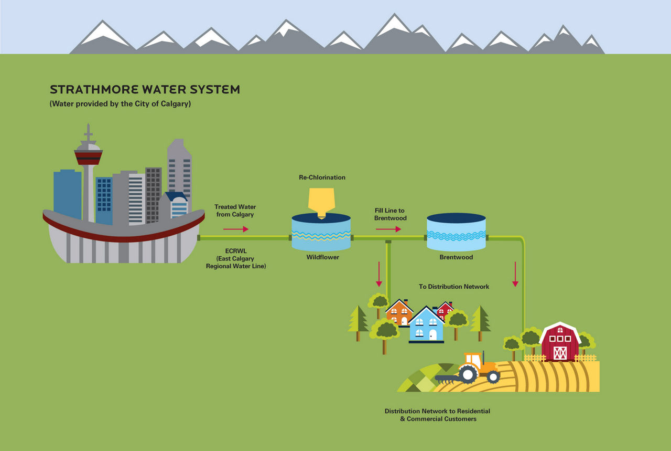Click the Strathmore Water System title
[x=145, y=89]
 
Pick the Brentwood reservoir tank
[x=456, y=232]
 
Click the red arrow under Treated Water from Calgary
[x=236, y=229]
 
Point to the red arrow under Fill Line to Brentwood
[x=388, y=229]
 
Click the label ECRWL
[x=236, y=251]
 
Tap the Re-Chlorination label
[x=322, y=177]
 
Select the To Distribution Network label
[x=454, y=287]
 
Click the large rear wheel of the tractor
[x=468, y=374]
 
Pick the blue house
[x=426, y=325]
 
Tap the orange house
[x=399, y=313]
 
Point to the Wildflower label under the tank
[x=322, y=257]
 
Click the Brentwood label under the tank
[x=456, y=257]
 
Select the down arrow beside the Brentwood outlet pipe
[x=515, y=274]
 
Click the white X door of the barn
[x=560, y=353]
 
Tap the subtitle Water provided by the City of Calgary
[x=120, y=104]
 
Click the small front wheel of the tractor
[x=493, y=377]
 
